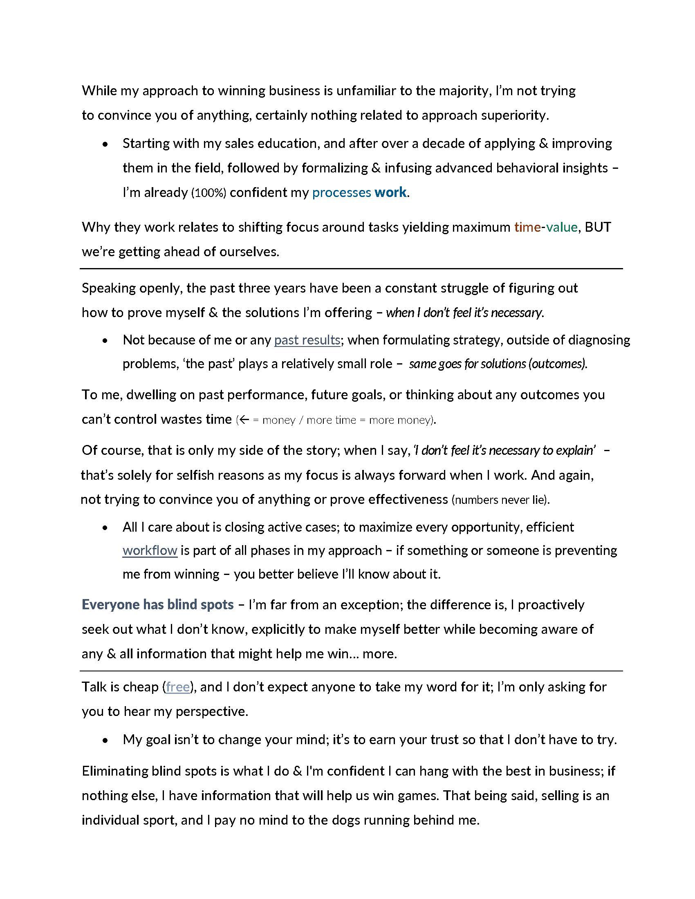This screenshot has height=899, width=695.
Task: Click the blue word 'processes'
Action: click(341, 192)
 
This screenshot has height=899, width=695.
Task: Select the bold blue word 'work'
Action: click(390, 192)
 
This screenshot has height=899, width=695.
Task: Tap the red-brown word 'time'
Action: click(527, 227)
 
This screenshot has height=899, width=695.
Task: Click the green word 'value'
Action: click(562, 227)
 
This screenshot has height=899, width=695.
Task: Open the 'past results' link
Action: click(307, 340)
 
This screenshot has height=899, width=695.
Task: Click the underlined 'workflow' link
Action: click(150, 550)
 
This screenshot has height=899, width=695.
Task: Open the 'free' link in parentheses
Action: click(177, 687)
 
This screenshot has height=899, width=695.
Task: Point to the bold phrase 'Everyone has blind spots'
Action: click(158, 604)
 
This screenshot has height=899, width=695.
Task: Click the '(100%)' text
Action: click(209, 192)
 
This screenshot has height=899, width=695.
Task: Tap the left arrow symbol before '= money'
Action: click(244, 420)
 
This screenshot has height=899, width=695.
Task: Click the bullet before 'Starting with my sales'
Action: click(106, 144)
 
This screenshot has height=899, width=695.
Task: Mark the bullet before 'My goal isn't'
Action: click(106, 740)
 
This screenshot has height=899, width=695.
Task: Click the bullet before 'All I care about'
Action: click(106, 528)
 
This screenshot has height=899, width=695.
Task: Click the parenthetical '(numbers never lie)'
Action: click(500, 500)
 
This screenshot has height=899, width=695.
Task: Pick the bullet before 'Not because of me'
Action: click(106, 340)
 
